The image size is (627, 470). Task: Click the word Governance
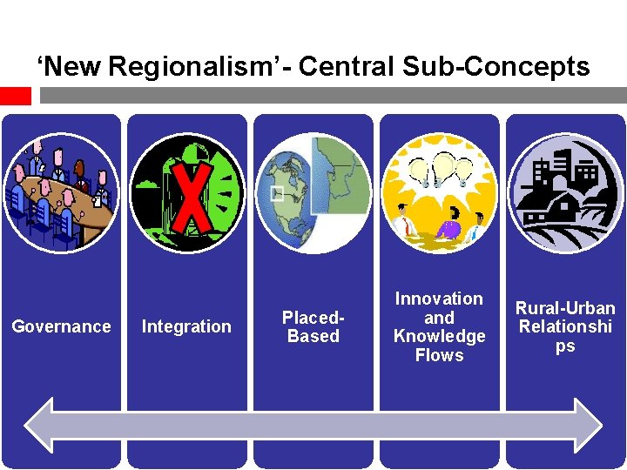point(61,326)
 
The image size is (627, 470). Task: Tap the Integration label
point(186,326)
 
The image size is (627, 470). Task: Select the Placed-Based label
point(313,326)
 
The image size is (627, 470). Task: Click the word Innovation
point(439,299)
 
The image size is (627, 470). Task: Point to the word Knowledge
point(439,336)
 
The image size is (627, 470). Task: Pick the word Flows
point(439,355)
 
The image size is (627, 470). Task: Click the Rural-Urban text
point(565,308)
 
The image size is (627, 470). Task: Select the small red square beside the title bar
point(15,95)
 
